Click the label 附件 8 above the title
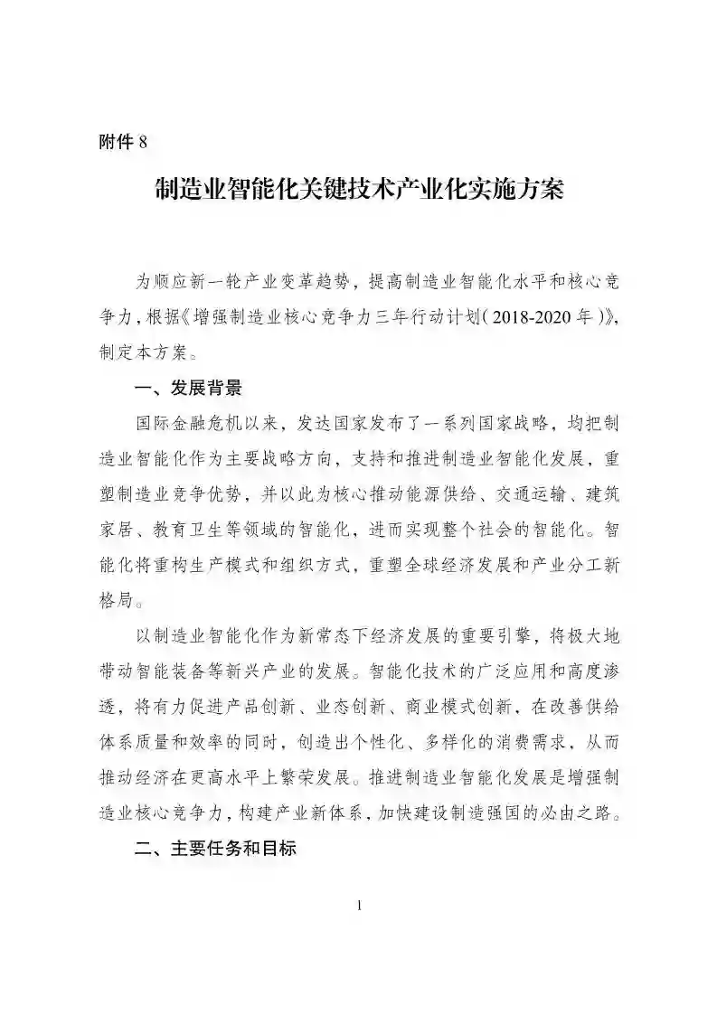120,142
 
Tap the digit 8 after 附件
141,142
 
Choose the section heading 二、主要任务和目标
213,850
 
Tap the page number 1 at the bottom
359,906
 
